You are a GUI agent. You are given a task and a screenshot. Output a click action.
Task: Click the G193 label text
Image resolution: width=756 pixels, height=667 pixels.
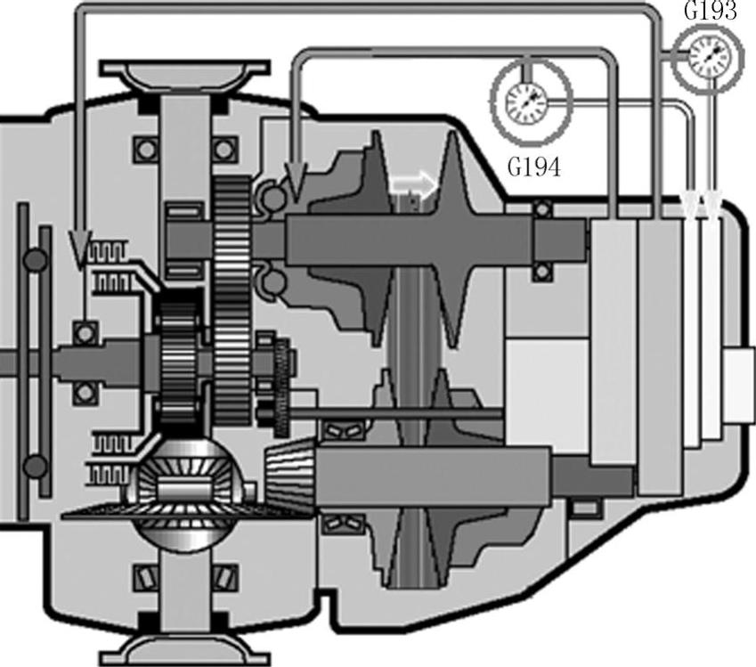(711, 11)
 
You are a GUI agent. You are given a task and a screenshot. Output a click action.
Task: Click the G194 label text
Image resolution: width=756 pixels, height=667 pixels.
(534, 167)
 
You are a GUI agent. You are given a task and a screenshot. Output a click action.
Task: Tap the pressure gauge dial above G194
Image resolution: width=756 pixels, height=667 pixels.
(531, 102)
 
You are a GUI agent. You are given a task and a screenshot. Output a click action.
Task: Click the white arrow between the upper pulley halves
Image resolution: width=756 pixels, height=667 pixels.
(414, 183)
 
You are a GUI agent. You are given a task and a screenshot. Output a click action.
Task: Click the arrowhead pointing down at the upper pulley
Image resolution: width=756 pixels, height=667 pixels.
(295, 181)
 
